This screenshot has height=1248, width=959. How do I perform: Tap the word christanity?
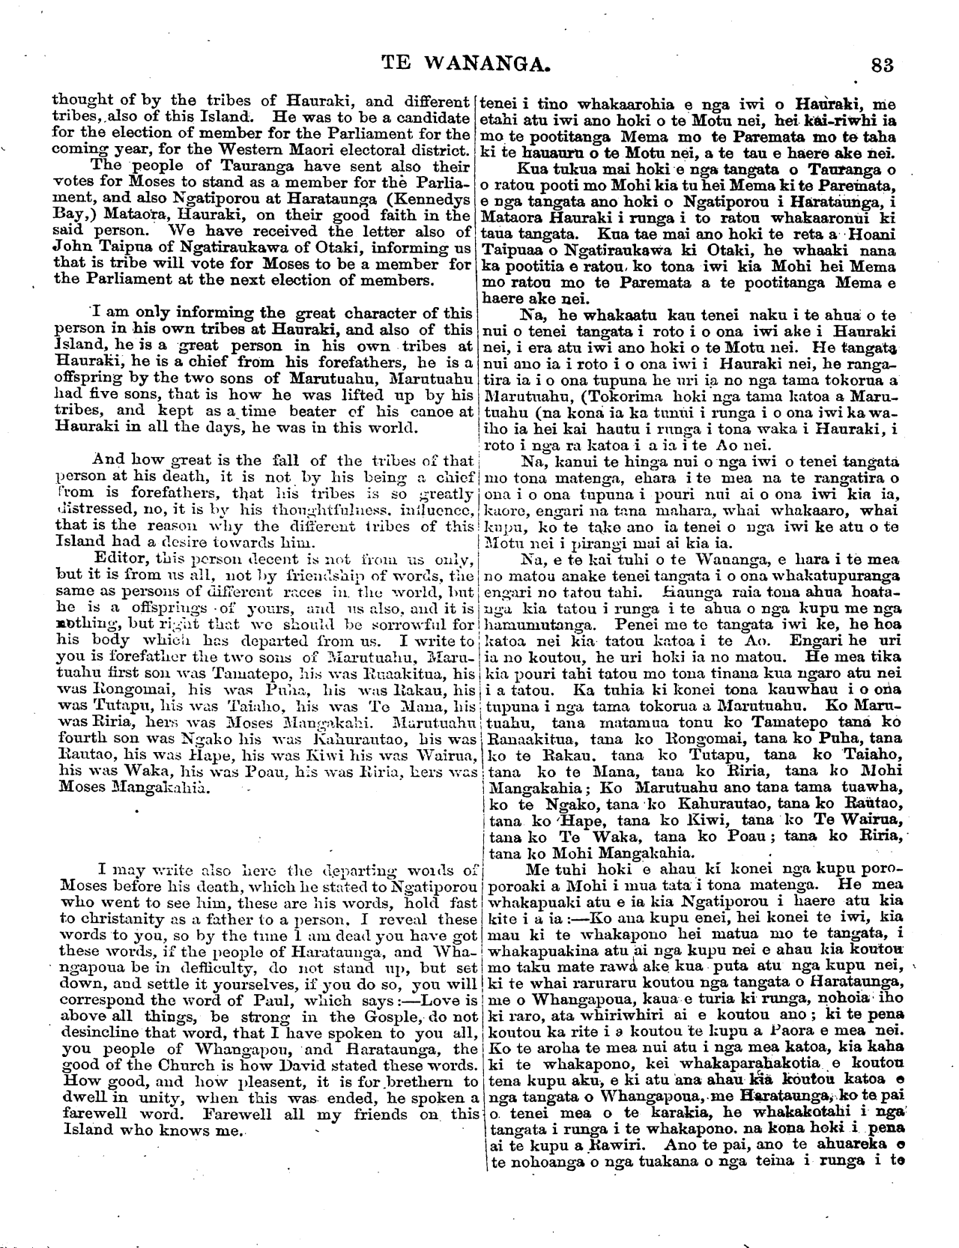(x=130, y=919)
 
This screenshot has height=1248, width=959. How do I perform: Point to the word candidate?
(x=430, y=118)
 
